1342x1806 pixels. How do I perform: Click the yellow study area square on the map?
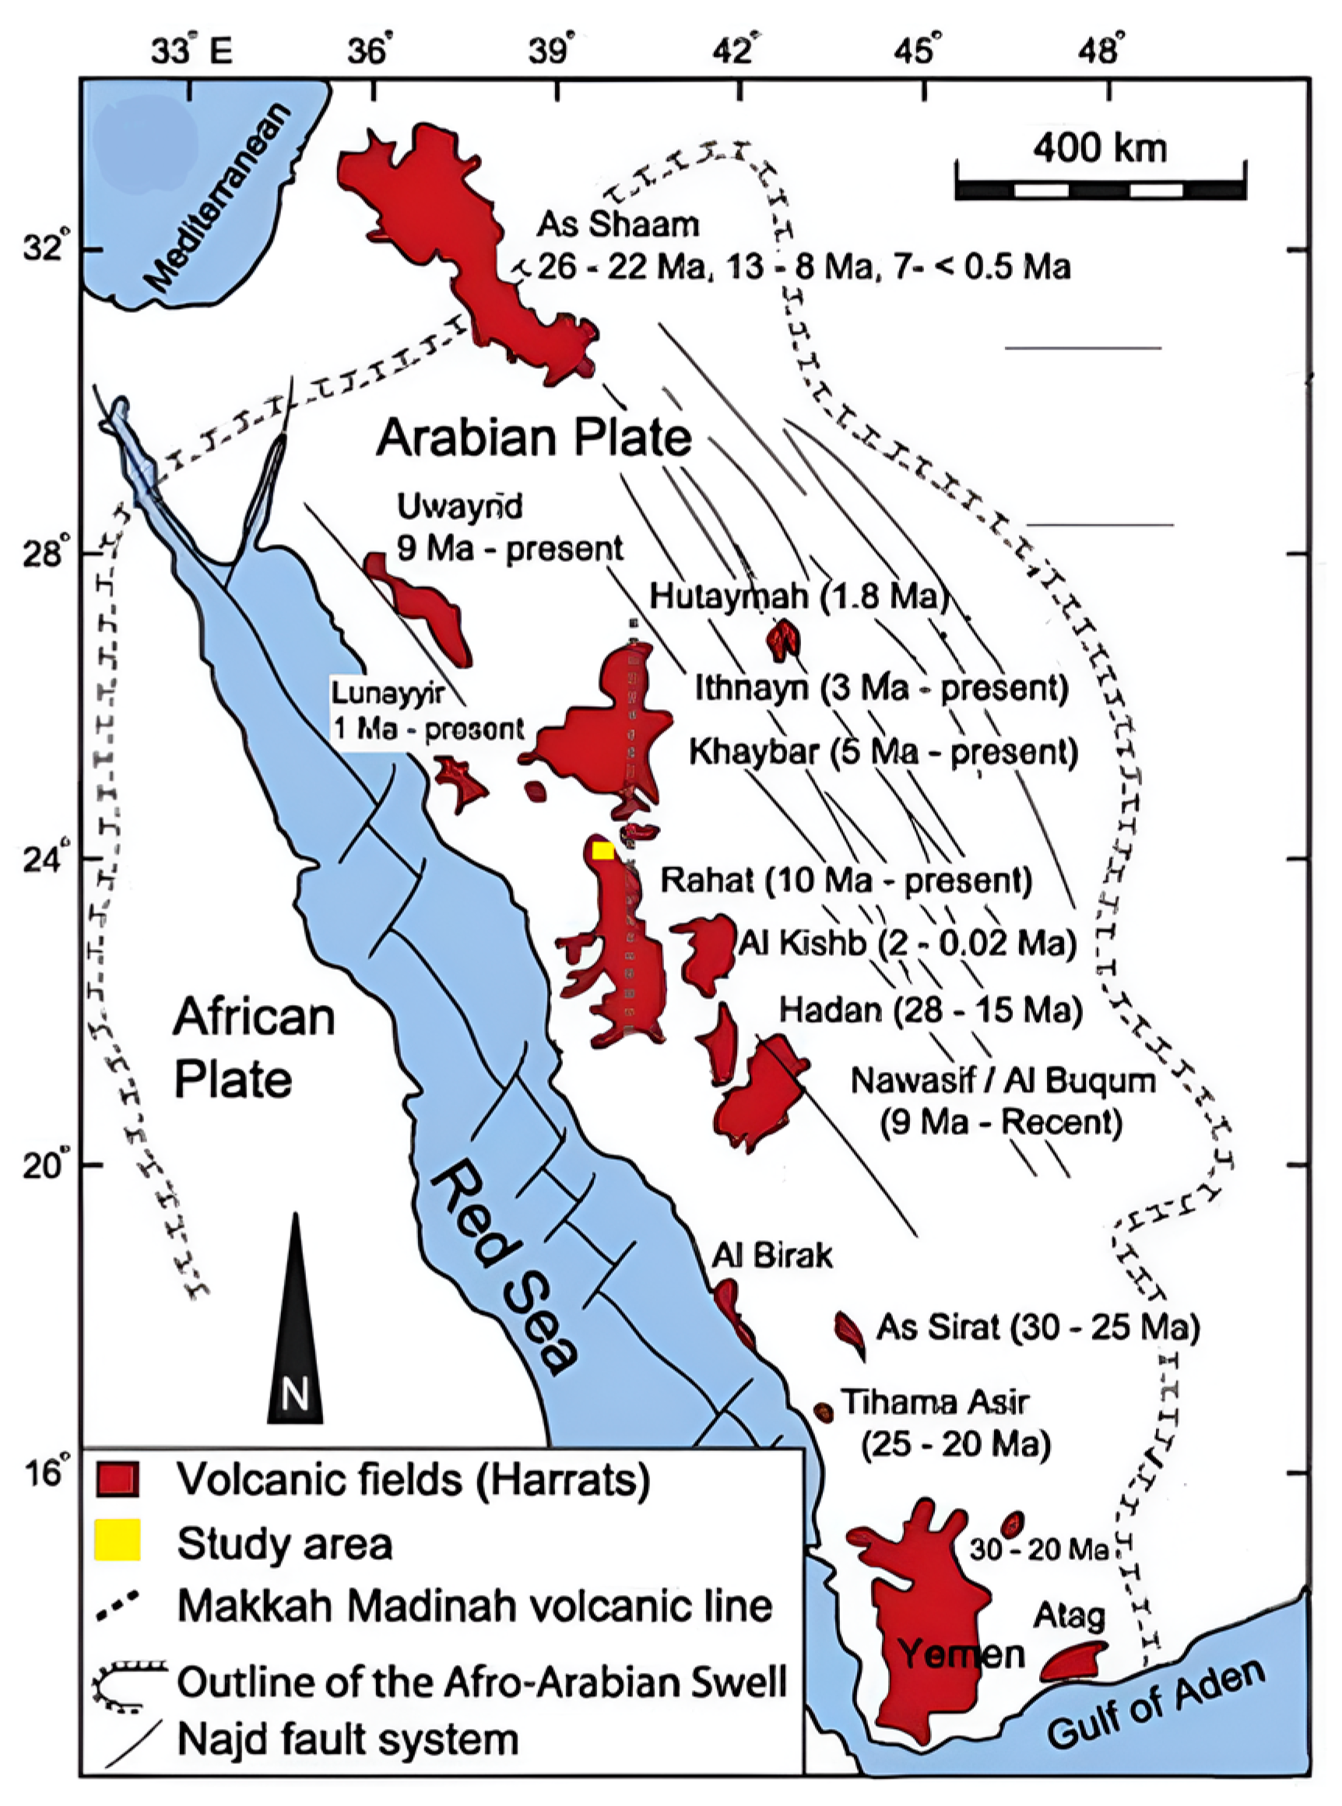tap(602, 851)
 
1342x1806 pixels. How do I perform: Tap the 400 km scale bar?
tap(1101, 190)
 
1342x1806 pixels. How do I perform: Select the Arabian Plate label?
tap(534, 438)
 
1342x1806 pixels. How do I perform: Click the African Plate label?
tap(253, 1048)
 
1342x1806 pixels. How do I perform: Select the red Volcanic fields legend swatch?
tap(118, 1478)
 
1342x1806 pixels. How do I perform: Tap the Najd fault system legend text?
tap(348, 1740)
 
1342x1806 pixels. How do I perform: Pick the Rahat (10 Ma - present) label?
tap(845, 880)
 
